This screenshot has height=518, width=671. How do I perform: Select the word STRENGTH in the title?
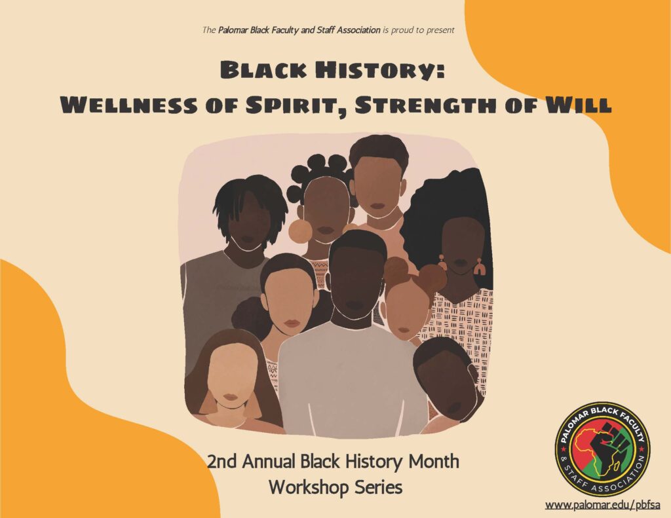pyautogui.click(x=427, y=105)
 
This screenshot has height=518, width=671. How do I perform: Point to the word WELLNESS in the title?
pyautogui.click(x=129, y=105)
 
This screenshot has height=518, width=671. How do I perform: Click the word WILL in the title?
pyautogui.click(x=578, y=105)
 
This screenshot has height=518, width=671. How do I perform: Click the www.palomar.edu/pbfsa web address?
pyautogui.click(x=602, y=505)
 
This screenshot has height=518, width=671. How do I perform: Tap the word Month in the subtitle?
pyautogui.click(x=434, y=462)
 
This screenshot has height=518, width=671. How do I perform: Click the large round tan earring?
pyautogui.click(x=300, y=231)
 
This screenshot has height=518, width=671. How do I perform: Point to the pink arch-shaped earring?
pyautogui.click(x=479, y=267)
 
